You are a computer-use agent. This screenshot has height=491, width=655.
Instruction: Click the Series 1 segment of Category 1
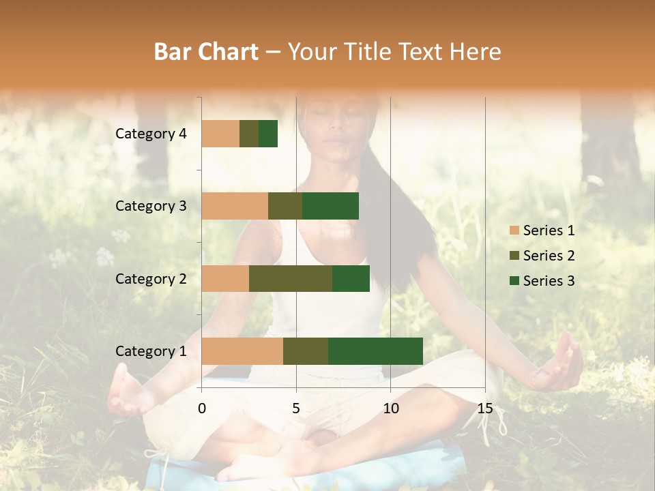[x=242, y=351]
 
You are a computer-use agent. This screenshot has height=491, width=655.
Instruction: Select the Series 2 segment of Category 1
[x=306, y=351]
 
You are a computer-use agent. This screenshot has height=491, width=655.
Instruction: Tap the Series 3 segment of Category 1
[x=375, y=351]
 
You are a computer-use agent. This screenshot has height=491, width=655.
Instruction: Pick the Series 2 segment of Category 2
[x=291, y=278]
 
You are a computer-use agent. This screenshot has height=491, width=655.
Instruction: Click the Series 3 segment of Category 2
[x=351, y=278]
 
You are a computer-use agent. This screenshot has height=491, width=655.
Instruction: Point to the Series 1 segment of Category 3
[x=235, y=206]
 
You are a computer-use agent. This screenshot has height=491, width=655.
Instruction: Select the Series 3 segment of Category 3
[x=330, y=206]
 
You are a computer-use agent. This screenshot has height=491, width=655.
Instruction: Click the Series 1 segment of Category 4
[x=220, y=134]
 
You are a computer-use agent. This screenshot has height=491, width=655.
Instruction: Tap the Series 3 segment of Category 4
[x=268, y=134]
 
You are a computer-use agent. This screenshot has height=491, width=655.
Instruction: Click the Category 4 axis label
[x=151, y=134]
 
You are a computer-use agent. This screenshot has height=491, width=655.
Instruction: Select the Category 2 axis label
[x=151, y=278]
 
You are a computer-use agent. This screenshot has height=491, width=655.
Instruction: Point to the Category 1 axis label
[x=151, y=351]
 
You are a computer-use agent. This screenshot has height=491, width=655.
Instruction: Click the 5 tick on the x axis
[x=296, y=408]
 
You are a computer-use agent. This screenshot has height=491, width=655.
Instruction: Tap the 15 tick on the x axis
[x=484, y=408]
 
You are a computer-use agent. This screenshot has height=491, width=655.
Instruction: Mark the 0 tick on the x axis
[x=202, y=408]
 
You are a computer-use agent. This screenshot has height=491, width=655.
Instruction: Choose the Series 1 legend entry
[x=542, y=230]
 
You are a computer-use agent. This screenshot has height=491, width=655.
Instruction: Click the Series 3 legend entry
[x=542, y=280]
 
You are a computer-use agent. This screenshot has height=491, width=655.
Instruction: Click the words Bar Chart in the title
[x=206, y=52]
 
